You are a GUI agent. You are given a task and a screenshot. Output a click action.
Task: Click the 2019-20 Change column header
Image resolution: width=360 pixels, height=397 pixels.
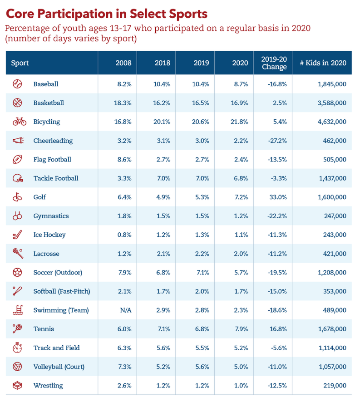click(x=274, y=63)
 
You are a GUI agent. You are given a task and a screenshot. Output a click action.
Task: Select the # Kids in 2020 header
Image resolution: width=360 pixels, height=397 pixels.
click(x=323, y=63)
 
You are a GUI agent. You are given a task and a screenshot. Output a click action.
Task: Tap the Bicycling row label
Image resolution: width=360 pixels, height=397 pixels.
click(x=47, y=122)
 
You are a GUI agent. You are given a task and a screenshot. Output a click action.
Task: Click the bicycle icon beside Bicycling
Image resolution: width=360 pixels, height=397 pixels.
click(x=19, y=122)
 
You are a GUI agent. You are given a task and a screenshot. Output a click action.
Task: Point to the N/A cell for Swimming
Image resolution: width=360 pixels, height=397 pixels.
click(x=126, y=310)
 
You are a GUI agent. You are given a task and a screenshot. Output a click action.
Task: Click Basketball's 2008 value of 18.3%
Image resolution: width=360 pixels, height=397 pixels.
click(x=123, y=103)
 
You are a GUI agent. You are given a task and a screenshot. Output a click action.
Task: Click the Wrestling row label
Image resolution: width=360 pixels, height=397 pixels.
click(x=48, y=386)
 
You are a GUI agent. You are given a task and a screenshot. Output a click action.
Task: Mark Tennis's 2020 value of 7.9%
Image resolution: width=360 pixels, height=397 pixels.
click(x=240, y=329)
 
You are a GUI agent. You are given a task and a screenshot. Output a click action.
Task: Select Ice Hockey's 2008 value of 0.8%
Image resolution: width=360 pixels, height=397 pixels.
click(x=124, y=235)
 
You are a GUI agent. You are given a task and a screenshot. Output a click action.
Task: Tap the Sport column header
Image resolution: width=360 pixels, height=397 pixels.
click(x=20, y=63)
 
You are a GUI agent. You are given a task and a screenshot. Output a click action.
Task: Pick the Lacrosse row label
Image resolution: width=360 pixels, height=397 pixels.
click(x=46, y=254)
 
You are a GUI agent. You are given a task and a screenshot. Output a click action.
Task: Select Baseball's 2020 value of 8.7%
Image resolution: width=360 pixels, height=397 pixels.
click(x=240, y=84)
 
